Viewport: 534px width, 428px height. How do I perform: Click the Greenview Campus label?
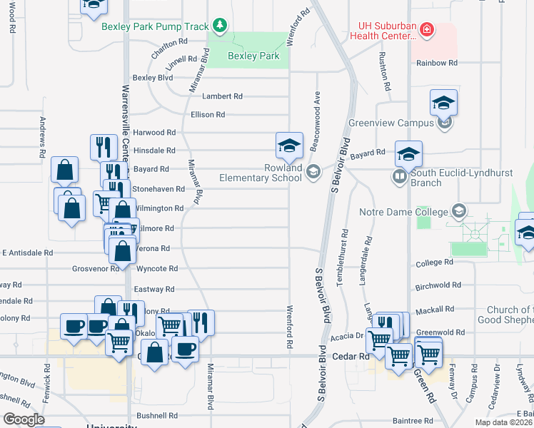point(391,123)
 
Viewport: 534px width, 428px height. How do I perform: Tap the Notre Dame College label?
point(408,212)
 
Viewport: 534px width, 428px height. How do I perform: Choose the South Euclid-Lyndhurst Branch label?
point(446,177)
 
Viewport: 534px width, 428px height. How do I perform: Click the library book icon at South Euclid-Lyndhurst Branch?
point(398,175)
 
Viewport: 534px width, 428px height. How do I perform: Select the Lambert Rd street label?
point(222,96)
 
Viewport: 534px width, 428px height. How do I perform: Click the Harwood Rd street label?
point(153,133)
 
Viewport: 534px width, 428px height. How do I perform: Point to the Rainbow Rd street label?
point(437,63)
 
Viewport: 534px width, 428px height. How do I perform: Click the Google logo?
point(24,419)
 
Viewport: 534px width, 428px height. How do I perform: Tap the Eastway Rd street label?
point(154,290)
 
